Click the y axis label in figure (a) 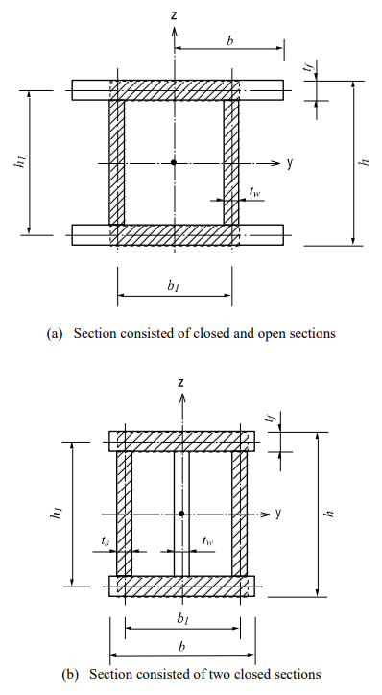(x=289, y=162)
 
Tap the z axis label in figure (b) (x=180, y=382)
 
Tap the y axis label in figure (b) (x=278, y=513)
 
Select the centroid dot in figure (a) (x=174, y=162)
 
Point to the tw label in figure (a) (x=254, y=192)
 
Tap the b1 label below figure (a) (x=173, y=286)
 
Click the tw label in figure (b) (x=207, y=541)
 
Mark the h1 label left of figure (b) (x=59, y=514)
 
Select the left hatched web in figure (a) (x=117, y=162)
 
